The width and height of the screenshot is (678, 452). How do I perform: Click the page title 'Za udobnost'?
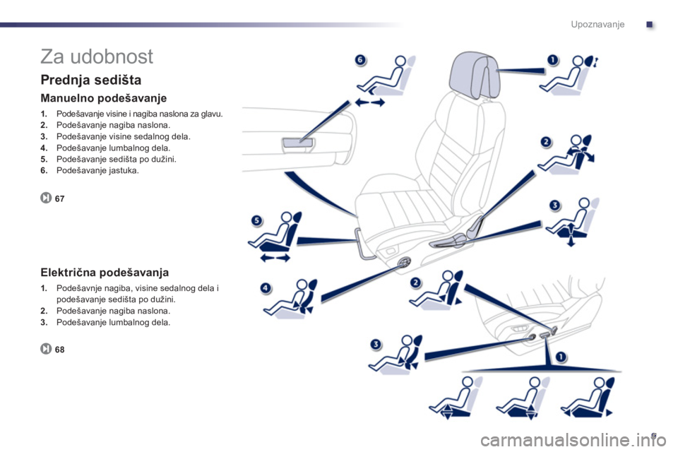(x=97, y=56)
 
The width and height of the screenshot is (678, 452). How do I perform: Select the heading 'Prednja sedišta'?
(x=91, y=80)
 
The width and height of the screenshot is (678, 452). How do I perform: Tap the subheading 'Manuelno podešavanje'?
(x=103, y=98)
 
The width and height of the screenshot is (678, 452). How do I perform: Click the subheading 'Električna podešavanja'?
(x=105, y=273)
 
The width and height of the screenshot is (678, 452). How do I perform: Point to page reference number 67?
(x=59, y=198)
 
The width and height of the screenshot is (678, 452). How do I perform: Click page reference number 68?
(x=59, y=350)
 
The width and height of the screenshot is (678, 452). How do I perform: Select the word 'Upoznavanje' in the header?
(x=597, y=24)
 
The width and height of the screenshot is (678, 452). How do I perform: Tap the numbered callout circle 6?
(x=359, y=60)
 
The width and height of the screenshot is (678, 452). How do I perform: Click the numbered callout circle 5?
(x=257, y=220)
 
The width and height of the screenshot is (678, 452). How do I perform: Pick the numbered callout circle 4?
(x=266, y=287)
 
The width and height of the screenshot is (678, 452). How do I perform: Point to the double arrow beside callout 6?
(x=369, y=102)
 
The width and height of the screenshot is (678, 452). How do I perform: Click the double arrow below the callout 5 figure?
(x=275, y=258)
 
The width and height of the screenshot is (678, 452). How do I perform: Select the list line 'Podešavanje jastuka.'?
(x=97, y=170)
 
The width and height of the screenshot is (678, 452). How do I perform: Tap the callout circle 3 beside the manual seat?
(x=554, y=205)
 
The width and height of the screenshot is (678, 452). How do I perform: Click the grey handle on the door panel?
(x=298, y=144)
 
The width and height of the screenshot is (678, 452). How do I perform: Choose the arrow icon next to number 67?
(x=46, y=198)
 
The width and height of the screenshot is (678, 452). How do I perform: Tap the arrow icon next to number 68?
(x=46, y=349)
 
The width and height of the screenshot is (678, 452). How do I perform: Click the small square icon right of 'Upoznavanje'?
(x=650, y=25)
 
